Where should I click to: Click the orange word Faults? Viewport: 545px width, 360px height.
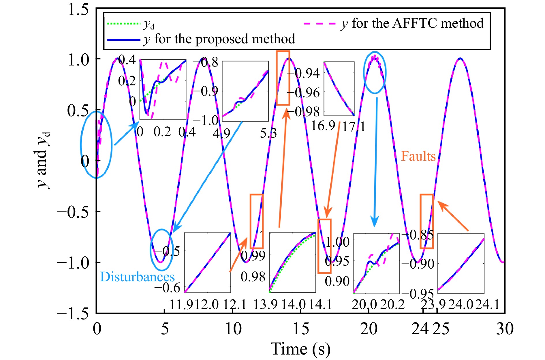click(x=418, y=156)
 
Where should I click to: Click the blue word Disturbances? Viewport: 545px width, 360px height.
click(x=137, y=277)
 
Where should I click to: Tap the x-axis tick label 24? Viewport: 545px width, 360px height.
click(x=420, y=329)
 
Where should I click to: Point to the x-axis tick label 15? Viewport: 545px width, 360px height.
click(x=301, y=329)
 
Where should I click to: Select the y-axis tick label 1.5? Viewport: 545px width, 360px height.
click(x=78, y=9)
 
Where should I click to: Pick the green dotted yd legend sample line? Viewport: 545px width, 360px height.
click(x=123, y=23)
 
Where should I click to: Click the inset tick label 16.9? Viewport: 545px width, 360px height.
click(x=323, y=126)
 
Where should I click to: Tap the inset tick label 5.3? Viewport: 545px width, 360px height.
click(x=268, y=133)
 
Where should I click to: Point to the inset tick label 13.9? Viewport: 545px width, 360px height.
click(x=265, y=304)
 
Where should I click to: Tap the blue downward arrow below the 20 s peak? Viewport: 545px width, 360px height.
click(x=375, y=162)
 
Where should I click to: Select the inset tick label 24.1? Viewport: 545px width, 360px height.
click(x=487, y=304)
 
